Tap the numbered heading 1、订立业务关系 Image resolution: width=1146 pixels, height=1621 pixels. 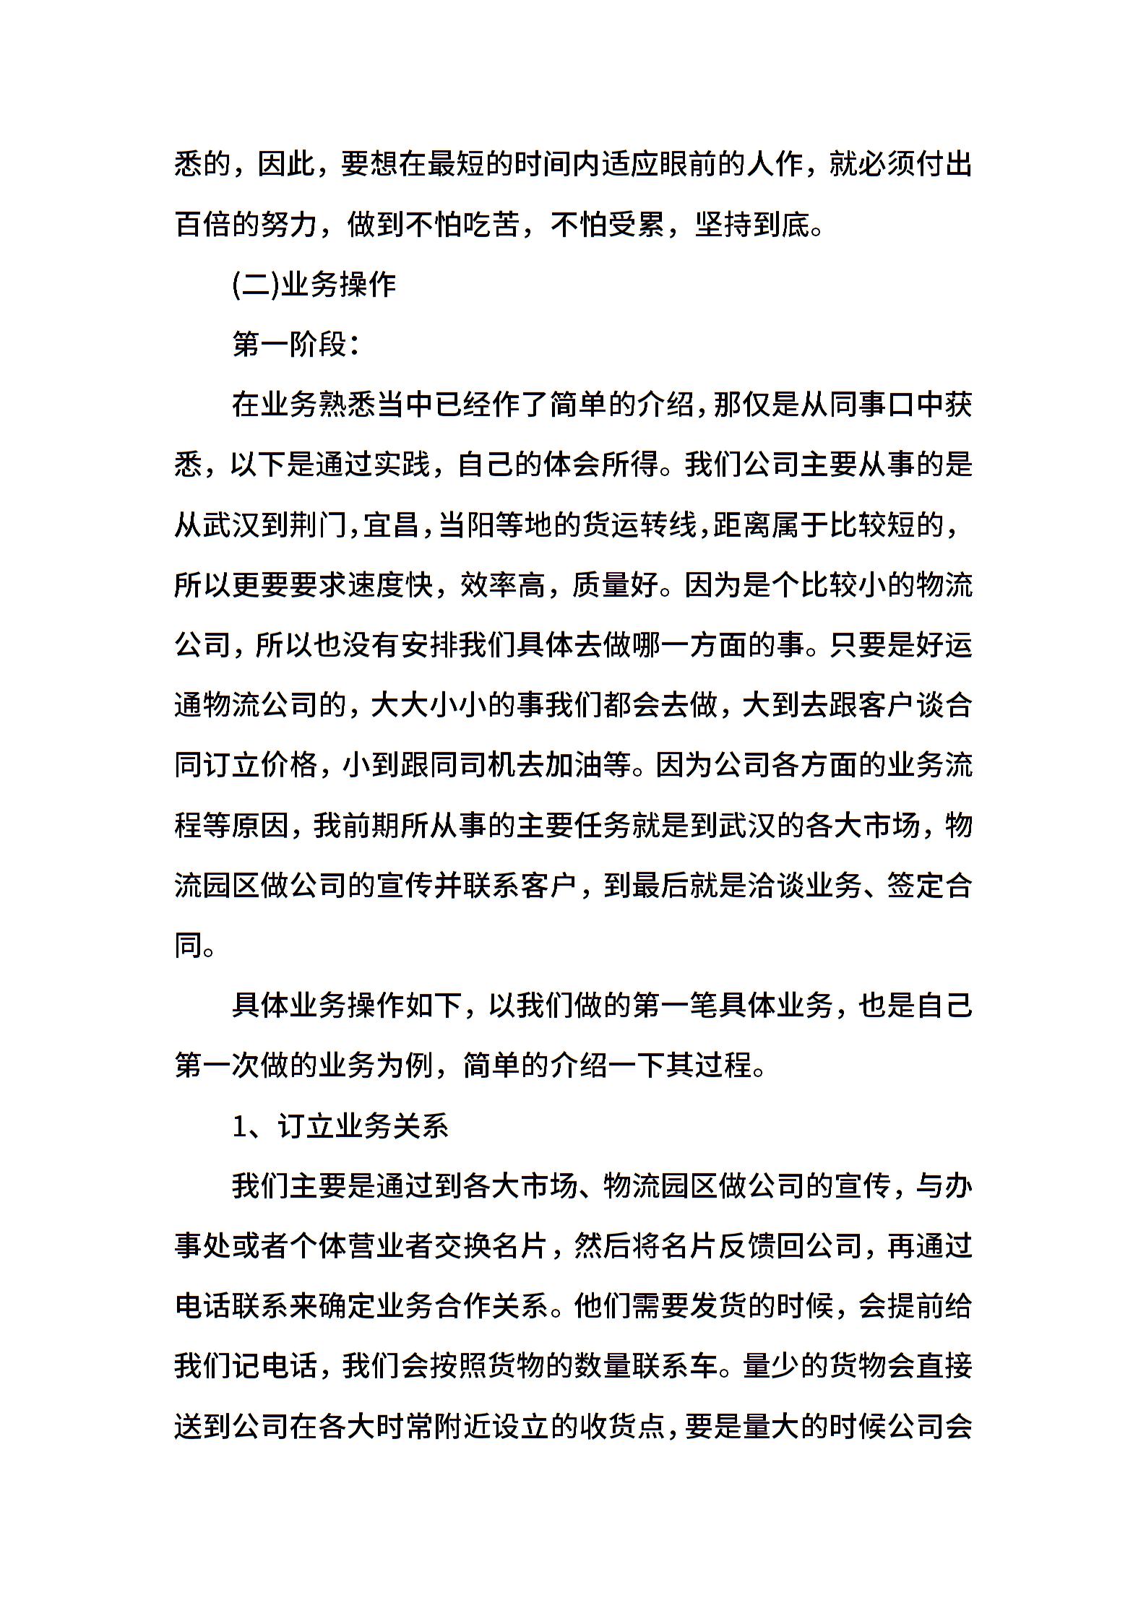coord(340,1127)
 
